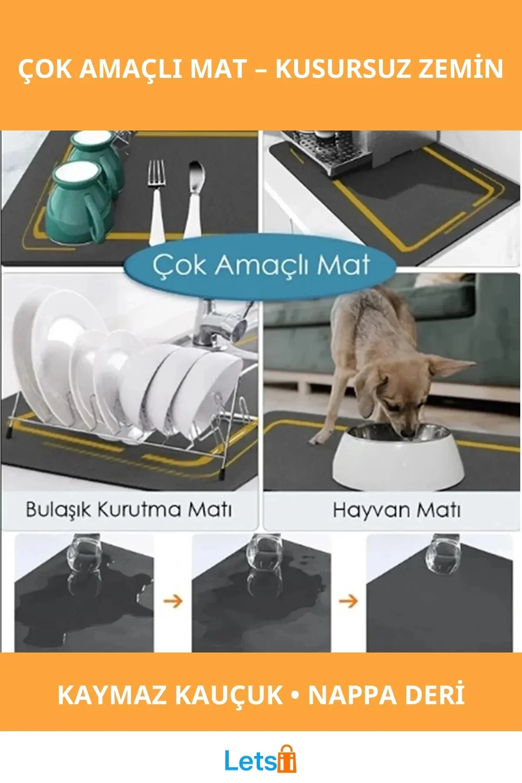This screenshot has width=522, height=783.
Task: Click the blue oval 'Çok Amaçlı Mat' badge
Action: coord(260,265)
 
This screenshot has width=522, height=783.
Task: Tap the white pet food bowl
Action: coord(398,457)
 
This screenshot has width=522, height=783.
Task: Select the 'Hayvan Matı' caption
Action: coord(396,510)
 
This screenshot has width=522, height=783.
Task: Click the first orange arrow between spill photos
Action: coord(173,602)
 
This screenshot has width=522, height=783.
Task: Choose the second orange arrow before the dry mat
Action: coord(348,602)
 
